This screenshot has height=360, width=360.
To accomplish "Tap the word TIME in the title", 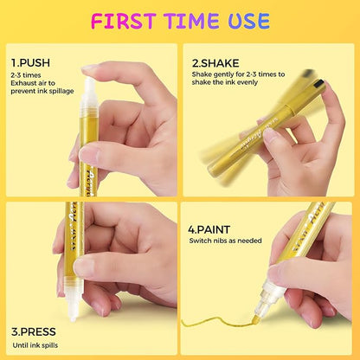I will [194, 20].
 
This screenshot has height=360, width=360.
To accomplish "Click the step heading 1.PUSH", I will [29, 62].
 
